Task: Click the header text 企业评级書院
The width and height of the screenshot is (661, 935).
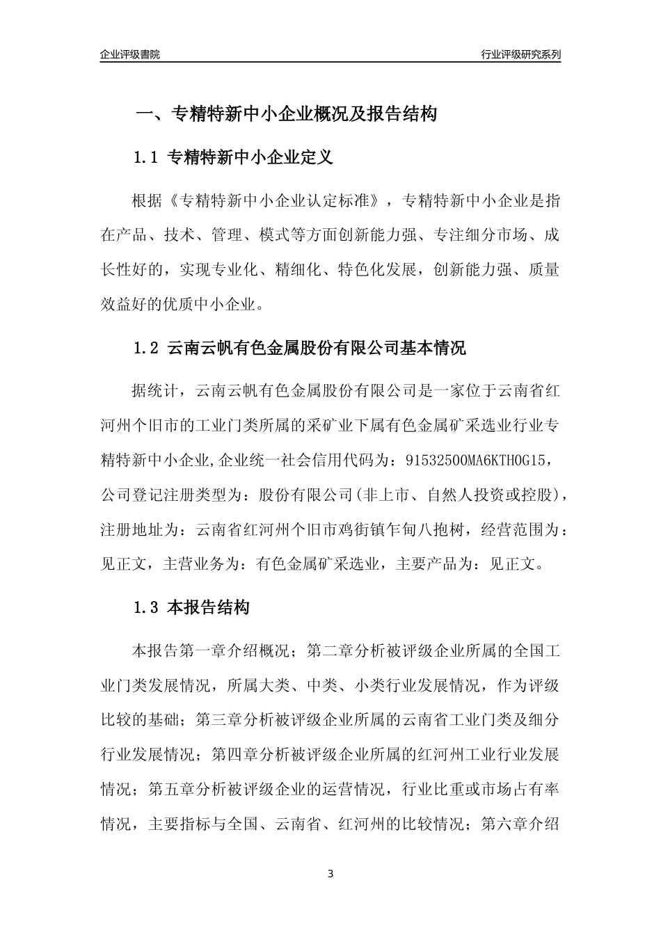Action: [x=130, y=54]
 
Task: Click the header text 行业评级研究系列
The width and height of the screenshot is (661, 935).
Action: [x=520, y=54]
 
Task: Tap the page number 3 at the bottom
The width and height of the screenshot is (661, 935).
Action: [x=330, y=874]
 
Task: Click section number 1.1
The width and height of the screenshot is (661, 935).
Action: [x=147, y=158]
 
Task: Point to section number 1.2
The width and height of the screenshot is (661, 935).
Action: [x=147, y=348]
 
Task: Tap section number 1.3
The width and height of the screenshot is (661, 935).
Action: [x=147, y=607]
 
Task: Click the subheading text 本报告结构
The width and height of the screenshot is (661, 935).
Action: [x=208, y=607]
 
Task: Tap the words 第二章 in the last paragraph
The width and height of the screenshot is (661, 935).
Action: [x=329, y=652]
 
